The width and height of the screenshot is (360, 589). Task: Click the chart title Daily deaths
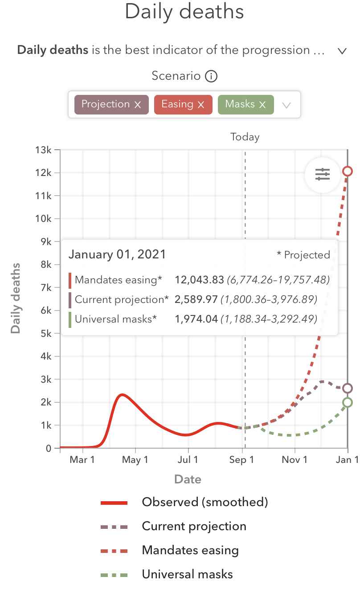[184, 11]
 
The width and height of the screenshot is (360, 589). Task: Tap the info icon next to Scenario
[211, 77]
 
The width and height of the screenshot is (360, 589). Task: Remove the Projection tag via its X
[138, 105]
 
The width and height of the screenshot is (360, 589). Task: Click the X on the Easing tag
[201, 105]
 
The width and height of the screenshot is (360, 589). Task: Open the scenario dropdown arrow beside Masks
[286, 105]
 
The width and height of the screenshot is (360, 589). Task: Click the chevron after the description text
[342, 51]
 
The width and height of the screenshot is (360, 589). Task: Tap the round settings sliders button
[322, 175]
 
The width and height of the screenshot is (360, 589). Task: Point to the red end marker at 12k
[348, 171]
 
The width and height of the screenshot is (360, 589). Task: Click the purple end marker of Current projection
[348, 389]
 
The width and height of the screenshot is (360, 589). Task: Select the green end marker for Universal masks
[348, 402]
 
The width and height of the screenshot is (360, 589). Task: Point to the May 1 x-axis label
[135, 460]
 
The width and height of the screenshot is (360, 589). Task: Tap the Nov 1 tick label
[295, 460]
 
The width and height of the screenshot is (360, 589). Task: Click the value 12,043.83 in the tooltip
[199, 280]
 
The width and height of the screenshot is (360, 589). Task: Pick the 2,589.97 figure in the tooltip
[196, 299]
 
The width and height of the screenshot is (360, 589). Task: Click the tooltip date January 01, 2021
[117, 254]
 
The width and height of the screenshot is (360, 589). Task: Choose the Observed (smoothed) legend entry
[205, 502]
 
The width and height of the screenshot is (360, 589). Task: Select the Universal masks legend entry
[187, 574]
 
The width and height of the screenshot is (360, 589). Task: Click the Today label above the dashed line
[245, 137]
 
